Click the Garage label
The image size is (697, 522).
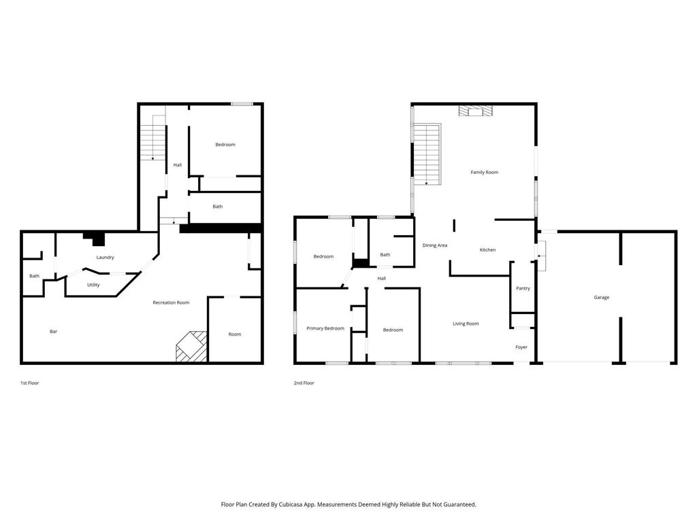(601, 297)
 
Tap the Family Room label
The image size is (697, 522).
(484, 172)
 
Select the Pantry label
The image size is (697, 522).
(523, 288)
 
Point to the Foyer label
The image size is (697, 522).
(521, 347)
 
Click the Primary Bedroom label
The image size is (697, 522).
(325, 328)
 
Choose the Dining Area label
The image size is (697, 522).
(434, 245)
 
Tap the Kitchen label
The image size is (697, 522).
(487, 249)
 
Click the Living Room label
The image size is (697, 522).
(466, 324)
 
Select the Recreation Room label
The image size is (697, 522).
(171, 302)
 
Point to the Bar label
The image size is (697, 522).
(54, 332)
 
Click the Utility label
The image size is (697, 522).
(93, 285)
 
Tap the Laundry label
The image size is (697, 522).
(105, 257)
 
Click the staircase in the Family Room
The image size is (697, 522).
(427, 154)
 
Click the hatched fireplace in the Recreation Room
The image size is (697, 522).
(191, 346)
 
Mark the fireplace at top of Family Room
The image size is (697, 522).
(475, 111)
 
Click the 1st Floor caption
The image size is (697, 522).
(29, 383)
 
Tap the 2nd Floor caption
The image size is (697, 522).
(304, 383)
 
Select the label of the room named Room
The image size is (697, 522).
(234, 334)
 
